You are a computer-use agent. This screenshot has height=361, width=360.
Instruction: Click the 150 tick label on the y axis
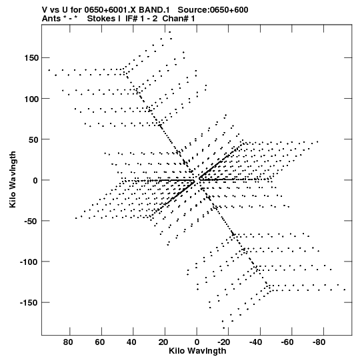point(31,58)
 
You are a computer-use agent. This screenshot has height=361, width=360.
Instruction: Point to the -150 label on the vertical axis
point(29,302)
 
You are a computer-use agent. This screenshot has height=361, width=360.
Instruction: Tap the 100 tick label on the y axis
point(31,99)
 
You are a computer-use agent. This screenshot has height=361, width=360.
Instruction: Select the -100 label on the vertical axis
point(29,262)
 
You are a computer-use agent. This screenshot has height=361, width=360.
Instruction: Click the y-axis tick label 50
point(34,139)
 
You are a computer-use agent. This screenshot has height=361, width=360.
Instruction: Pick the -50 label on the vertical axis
point(31,221)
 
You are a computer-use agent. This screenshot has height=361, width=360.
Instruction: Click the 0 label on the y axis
point(35,180)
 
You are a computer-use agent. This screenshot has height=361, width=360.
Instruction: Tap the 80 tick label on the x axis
point(68,342)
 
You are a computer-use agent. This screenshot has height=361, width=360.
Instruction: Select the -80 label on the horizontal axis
point(319,342)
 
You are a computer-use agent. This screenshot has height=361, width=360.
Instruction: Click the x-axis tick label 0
point(197,342)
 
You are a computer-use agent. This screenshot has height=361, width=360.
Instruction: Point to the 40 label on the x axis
point(132,342)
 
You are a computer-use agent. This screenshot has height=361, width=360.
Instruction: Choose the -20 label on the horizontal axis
point(223,342)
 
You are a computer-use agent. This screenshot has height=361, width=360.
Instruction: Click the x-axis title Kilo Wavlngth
point(197,351)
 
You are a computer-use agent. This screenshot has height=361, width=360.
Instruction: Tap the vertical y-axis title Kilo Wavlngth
point(13,179)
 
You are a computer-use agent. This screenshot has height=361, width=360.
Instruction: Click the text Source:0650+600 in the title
point(213,10)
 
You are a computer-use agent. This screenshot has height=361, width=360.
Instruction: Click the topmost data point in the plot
point(170,32)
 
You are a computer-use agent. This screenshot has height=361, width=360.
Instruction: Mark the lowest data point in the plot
point(224,328)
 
